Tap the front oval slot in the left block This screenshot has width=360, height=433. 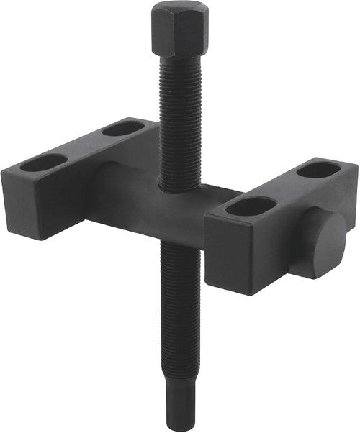coord(43,163)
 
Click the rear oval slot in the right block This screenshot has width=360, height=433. coord(318,170)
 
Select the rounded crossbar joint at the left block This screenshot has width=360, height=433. coord(101,187)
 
